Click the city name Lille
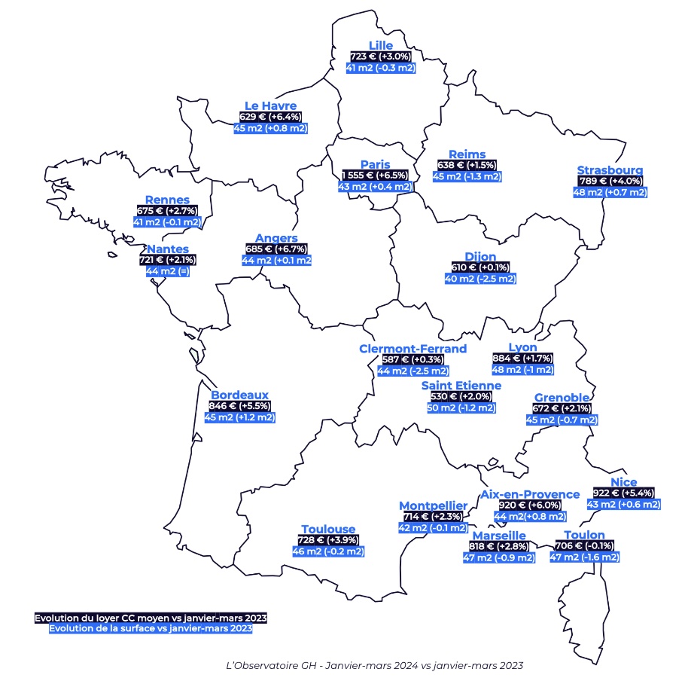[381, 45]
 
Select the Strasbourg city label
[610, 170]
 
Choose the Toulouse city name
[327, 530]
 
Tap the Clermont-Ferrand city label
[413, 349]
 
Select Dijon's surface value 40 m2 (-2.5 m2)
[480, 279]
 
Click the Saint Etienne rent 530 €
[457, 397]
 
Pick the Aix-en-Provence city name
[530, 494]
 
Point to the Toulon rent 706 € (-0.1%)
[584, 546]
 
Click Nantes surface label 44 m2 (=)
[167, 271]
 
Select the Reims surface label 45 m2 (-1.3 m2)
[467, 176]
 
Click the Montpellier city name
[433, 505]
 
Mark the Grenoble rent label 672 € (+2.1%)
[562, 409]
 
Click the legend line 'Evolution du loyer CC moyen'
[151, 618]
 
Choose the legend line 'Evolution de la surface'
[151, 628]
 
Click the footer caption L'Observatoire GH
[374, 666]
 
